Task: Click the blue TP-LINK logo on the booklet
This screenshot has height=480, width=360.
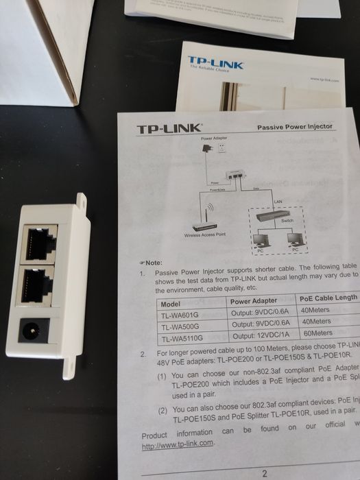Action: click(x=215, y=63)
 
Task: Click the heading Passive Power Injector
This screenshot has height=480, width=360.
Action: click(x=294, y=127)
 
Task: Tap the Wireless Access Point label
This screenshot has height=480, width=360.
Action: click(x=204, y=235)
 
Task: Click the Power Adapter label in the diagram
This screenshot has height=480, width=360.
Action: click(x=213, y=139)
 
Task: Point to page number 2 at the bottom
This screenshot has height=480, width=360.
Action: click(x=264, y=472)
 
